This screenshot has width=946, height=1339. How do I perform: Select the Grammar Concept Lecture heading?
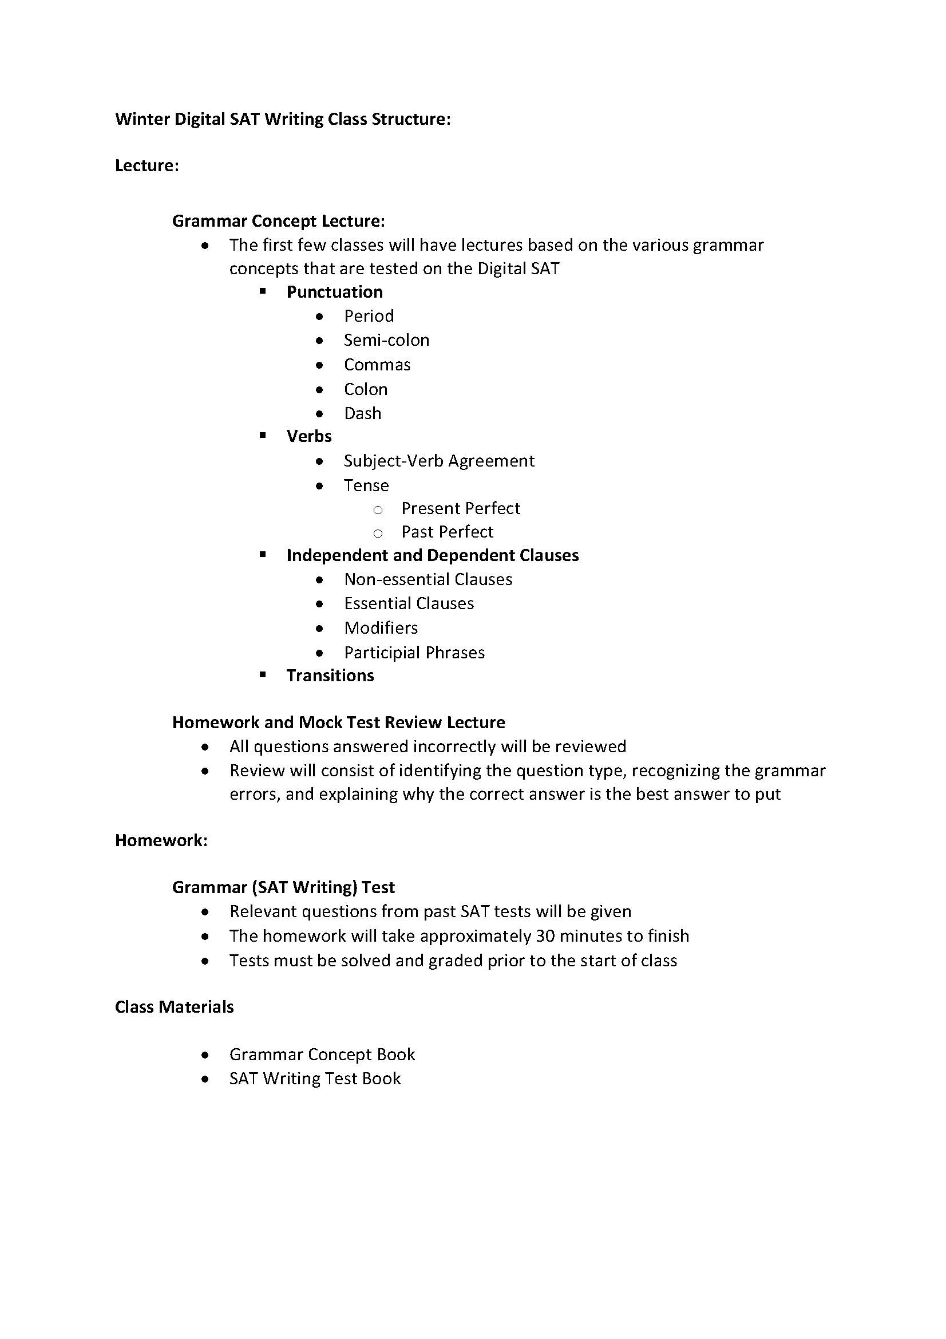click(278, 221)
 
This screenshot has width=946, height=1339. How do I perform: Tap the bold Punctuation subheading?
click(335, 291)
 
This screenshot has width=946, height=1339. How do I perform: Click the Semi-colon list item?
click(386, 340)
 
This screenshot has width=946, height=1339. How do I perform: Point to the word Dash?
click(362, 413)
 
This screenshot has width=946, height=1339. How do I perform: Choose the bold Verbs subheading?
click(309, 436)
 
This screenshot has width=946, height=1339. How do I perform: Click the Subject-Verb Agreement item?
click(439, 461)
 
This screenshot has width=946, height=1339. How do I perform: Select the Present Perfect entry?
click(461, 508)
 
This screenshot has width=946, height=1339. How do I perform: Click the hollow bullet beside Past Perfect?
click(378, 533)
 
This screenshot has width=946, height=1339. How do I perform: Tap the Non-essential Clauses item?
click(428, 579)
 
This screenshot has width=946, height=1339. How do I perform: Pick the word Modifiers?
click(381, 628)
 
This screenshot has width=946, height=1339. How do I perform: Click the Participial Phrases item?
click(414, 653)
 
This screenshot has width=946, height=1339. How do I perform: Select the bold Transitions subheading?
click(330, 676)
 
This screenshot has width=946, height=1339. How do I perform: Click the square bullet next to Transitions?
click(263, 675)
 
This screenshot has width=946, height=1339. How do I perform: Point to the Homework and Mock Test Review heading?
click(338, 722)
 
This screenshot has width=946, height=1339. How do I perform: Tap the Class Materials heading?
click(175, 1007)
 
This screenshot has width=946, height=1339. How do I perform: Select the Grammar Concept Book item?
click(322, 1054)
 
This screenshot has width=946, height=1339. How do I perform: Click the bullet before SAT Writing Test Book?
click(204, 1080)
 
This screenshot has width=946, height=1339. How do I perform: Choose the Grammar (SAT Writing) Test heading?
click(283, 888)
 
